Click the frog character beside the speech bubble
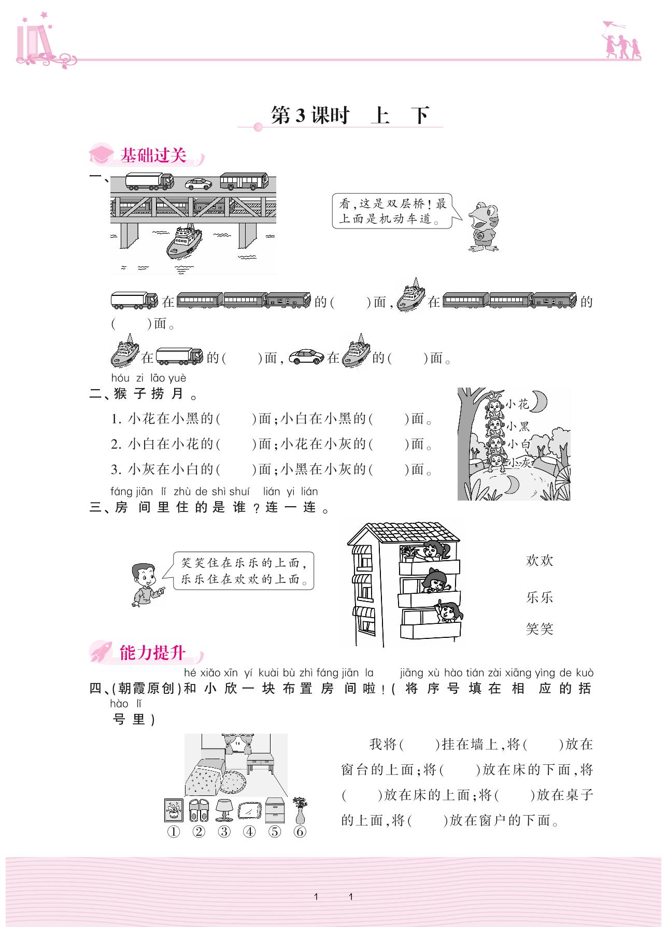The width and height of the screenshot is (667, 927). pos(484,227)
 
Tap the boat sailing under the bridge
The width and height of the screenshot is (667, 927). pos(184,241)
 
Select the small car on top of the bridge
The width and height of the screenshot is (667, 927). pos(198,184)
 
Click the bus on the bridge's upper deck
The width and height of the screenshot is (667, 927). pos(244,181)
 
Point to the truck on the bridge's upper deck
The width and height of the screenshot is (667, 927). pos(149,181)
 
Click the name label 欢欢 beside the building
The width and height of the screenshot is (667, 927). pos(540,560)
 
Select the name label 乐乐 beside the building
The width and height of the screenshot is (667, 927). pos(540,597)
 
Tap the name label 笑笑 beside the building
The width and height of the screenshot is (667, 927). pos(540,629)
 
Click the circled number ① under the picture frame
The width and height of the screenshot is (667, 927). pos(173,832)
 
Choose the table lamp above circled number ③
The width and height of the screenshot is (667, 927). pos(223,810)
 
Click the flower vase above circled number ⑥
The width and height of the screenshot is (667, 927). pos(300,810)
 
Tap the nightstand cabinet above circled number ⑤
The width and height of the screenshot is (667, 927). pos(275,810)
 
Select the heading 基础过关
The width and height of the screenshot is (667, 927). pos(153,155)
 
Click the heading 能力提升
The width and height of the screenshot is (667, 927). pos(152,653)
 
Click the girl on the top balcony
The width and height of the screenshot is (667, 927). pos(431,550)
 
